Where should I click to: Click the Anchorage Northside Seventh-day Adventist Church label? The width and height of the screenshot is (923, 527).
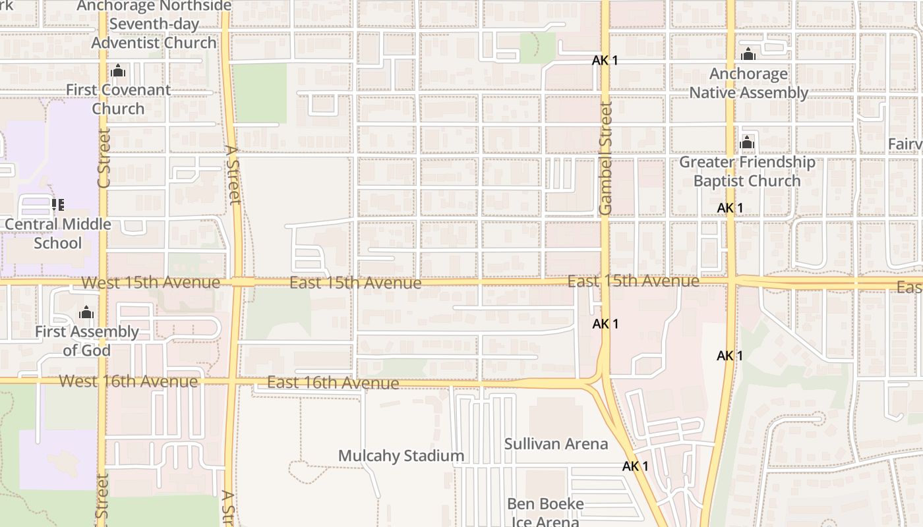pos(154,24)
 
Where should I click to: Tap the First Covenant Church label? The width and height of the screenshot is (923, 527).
pos(118,99)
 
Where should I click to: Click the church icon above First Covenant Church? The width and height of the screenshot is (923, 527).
pos(119,70)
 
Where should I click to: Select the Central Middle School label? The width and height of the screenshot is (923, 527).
pos(58,233)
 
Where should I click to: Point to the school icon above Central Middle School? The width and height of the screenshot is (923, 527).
pos(58,205)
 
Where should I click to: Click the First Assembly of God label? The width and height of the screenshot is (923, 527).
pos(86,341)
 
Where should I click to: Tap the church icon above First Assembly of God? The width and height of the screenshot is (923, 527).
pos(86,312)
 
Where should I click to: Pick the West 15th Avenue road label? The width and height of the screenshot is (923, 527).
pos(150,283)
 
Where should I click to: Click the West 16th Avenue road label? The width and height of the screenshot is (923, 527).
pos(128,381)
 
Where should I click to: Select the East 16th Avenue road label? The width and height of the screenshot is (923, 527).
pos(332,383)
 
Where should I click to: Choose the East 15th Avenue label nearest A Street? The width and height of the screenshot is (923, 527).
pos(355,283)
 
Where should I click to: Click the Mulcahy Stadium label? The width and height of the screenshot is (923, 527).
pos(401,456)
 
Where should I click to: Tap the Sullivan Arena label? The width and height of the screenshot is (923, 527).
pos(556,443)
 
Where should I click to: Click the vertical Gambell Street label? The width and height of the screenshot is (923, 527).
pos(606,158)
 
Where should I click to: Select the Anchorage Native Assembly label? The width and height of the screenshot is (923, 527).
pos(748,83)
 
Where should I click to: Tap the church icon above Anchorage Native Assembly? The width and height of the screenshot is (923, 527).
pos(748,54)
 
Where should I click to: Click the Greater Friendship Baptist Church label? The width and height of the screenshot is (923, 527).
pos(747,171)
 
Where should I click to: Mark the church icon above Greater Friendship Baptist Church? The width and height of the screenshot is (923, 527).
pos(747,142)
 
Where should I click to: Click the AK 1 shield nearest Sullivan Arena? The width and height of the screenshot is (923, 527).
pos(635,466)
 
